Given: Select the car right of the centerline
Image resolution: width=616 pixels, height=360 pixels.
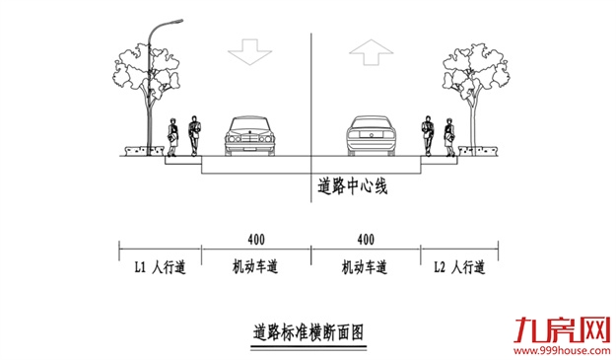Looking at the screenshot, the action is tap(371, 137).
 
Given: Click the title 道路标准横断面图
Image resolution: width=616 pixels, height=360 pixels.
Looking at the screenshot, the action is tap(308, 331).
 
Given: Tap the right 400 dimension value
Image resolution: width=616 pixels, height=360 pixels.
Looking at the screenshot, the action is tap(365, 240).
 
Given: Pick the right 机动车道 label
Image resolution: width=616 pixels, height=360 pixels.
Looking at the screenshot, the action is tap(365, 267).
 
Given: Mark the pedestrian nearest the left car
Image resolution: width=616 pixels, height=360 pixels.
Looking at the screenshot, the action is tap(194, 137).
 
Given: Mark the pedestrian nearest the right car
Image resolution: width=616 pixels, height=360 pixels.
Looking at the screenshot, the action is tap(429, 137).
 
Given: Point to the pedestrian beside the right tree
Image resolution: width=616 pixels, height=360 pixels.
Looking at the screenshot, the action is tap(450, 137).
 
